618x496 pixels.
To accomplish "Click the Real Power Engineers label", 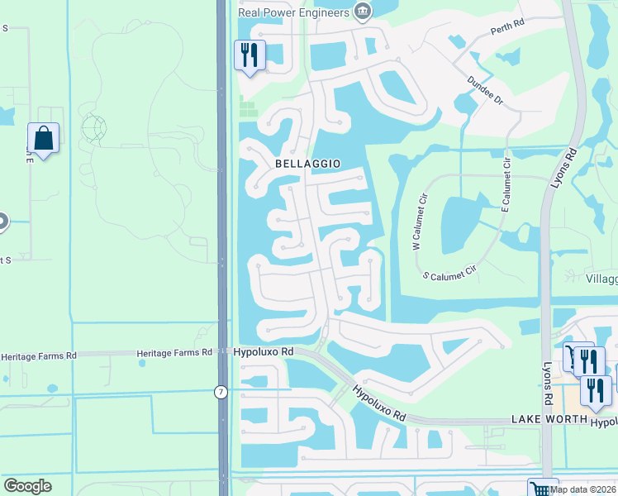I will (292, 12).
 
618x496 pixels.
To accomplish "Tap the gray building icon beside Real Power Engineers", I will (361, 11).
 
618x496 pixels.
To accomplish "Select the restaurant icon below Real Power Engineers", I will (250, 56).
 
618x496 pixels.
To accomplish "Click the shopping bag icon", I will (43, 138).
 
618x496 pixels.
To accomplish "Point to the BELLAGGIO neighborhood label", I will (307, 164).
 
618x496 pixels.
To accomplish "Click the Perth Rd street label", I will (507, 27).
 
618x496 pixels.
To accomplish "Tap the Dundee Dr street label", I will (485, 89).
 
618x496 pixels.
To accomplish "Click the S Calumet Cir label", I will (450, 271).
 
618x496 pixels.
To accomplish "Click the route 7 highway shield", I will (221, 392).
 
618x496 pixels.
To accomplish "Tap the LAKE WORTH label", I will (547, 421).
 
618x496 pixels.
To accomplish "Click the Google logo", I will (27, 486).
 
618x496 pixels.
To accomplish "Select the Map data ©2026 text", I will (583, 489).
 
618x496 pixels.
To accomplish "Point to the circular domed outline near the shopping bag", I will (93, 128).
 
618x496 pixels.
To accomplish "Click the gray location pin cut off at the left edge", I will (2, 222).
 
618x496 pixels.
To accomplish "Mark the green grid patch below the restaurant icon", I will (247, 107).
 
